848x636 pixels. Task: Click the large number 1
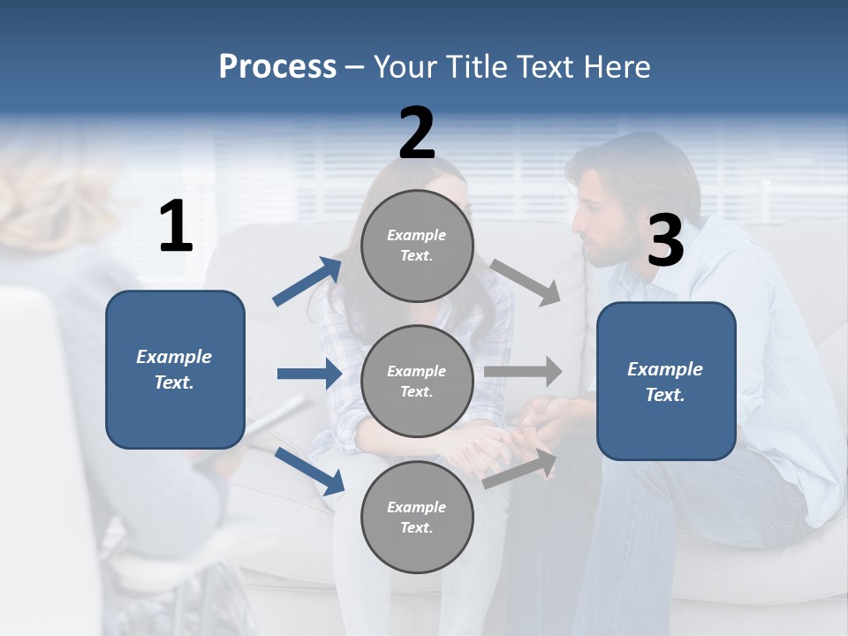point(176,227)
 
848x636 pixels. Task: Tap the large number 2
point(417,133)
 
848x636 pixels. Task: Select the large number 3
point(665,241)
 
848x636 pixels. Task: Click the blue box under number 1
point(175,369)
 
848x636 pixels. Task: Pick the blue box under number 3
point(666,381)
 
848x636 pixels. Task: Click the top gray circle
point(417,246)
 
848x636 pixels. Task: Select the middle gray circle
point(417,381)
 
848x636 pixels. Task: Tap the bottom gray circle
point(417,517)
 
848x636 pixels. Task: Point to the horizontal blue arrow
point(309,374)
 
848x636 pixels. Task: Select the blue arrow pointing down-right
point(309,470)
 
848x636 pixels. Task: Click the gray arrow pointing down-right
point(526,283)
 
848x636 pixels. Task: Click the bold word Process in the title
point(277,66)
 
